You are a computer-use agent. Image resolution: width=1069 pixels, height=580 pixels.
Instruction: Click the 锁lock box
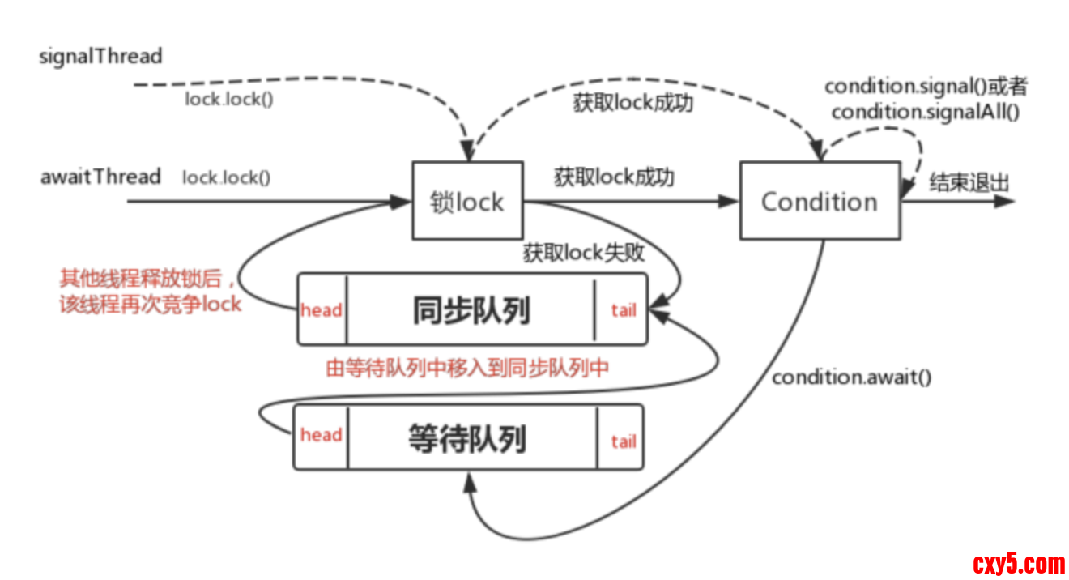coord(467,201)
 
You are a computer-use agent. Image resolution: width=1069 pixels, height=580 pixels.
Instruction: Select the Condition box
coord(820,201)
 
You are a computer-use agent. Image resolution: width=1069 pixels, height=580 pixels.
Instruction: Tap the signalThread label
coord(101,57)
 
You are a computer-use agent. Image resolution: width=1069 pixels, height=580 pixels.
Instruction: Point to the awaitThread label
coord(100,177)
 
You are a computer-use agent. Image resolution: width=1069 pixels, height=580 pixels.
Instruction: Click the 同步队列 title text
coord(471,310)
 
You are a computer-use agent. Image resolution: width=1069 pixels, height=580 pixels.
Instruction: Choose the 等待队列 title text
coord(467,438)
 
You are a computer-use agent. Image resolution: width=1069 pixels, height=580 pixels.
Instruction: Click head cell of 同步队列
coord(322,310)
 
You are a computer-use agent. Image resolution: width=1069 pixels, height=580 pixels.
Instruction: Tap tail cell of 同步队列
coord(623,310)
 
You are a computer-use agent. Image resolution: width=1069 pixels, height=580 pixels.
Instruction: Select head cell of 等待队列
coord(322,435)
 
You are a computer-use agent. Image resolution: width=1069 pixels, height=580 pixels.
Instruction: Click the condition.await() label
coord(851,377)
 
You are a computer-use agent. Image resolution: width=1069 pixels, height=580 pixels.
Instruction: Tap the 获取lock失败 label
coord(584,253)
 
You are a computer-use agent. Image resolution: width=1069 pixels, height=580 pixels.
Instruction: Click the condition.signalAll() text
coord(925,112)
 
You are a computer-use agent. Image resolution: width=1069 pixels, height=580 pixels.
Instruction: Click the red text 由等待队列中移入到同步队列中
coord(467,369)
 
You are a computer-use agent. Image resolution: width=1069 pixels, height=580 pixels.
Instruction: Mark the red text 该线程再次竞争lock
coord(151,305)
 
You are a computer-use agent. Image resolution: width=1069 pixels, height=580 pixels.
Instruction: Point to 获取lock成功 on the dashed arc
coord(633,104)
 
